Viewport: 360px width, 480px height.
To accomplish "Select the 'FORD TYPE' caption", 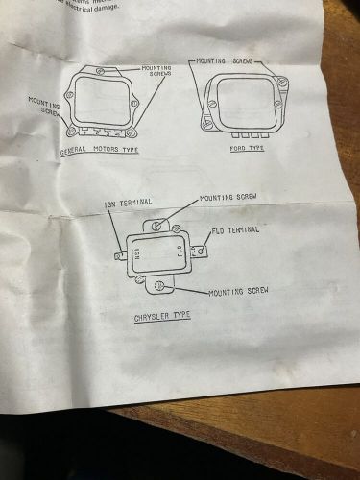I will (x=248, y=148).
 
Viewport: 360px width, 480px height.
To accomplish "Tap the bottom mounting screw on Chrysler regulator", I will (x=142, y=279).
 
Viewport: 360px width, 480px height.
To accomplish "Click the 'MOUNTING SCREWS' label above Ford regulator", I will (x=231, y=60).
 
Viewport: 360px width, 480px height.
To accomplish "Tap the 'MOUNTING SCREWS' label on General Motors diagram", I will (x=156, y=72).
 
